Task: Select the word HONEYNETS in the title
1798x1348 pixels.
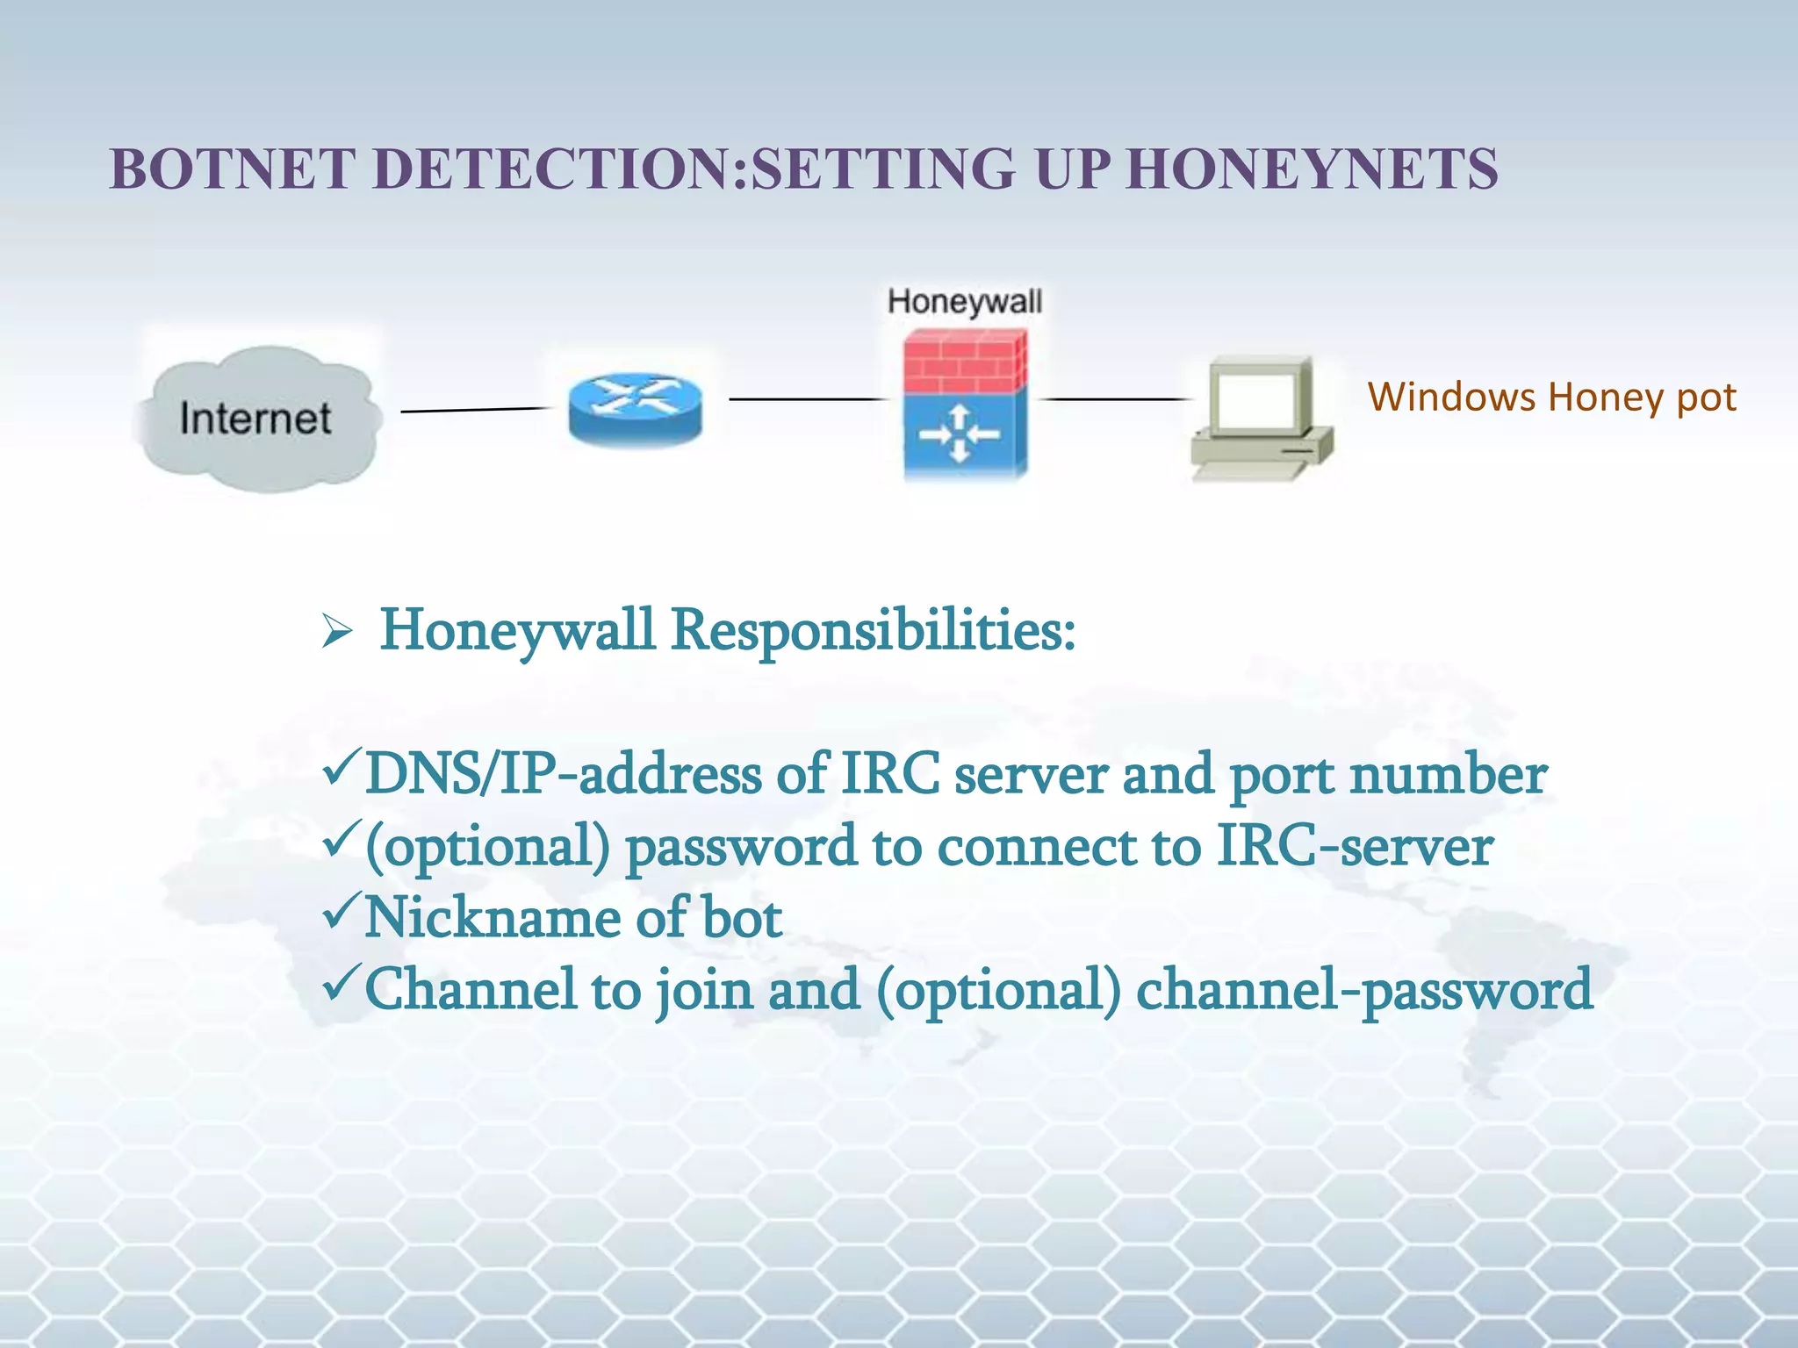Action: click(x=1312, y=168)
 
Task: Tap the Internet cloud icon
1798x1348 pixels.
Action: click(x=255, y=418)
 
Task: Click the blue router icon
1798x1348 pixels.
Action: click(x=635, y=408)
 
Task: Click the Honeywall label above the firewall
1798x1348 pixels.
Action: click(x=964, y=302)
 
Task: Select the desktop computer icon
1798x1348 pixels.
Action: click(x=1261, y=419)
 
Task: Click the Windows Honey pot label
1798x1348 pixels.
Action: click(x=1550, y=398)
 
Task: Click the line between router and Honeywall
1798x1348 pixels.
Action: click(x=806, y=399)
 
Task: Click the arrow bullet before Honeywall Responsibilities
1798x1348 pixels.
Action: click(x=336, y=631)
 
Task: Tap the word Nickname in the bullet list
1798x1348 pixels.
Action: click(x=492, y=918)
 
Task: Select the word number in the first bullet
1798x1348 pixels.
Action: click(x=1448, y=776)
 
